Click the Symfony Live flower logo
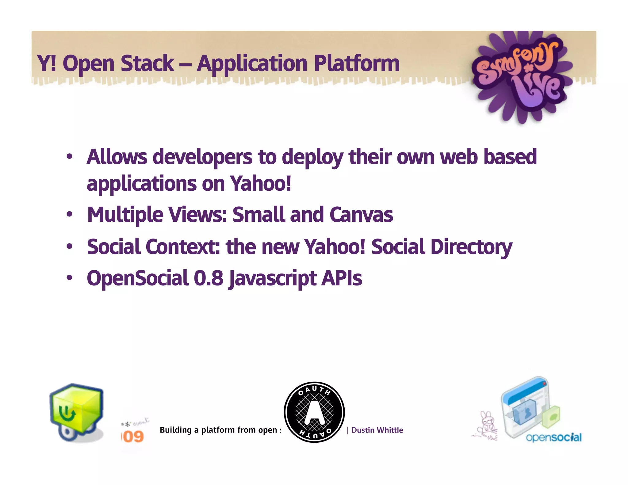[521, 77]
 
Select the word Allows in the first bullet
[117, 157]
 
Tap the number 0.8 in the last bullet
[208, 278]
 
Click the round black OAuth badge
[314, 412]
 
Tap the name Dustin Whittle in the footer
[377, 430]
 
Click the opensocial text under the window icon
[553, 437]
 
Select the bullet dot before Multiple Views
[70, 214]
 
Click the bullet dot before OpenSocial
[70, 278]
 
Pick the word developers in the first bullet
[202, 157]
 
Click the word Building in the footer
[175, 430]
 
